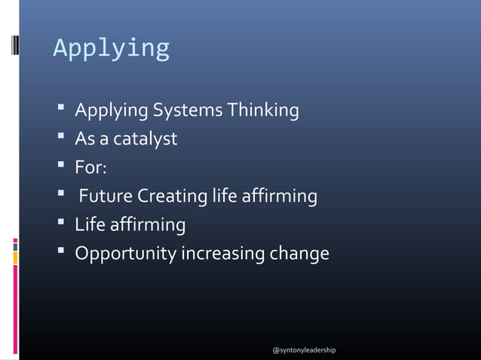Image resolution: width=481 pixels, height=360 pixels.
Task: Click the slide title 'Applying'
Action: [111, 48]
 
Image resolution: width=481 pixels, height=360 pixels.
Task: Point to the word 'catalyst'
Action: [147, 140]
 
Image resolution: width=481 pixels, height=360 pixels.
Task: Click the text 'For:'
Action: [90, 168]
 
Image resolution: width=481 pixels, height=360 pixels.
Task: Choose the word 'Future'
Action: [106, 197]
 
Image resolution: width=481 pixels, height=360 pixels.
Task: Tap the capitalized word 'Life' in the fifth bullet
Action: [88, 225]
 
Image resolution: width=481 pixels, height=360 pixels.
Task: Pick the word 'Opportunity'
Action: [124, 254]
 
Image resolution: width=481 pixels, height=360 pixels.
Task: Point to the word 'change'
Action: [300, 254]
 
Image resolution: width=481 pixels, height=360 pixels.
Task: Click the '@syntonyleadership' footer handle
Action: [304, 351]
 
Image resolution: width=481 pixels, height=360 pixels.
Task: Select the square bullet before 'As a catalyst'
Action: [61, 139]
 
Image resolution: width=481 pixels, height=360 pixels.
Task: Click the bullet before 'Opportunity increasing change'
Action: [61, 253]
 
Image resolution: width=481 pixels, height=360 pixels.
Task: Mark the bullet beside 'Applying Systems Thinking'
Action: [61, 111]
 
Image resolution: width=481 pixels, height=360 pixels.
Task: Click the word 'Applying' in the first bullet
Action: [112, 111]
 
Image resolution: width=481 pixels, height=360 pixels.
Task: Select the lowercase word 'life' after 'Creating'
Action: [221, 197]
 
